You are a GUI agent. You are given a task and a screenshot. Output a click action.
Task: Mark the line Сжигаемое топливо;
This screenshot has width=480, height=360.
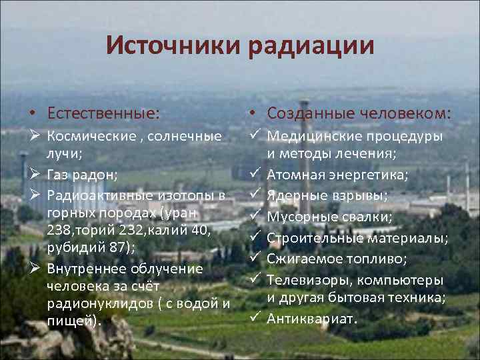338,258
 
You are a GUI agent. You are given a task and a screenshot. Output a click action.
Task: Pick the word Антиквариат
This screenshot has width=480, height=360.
312,318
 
